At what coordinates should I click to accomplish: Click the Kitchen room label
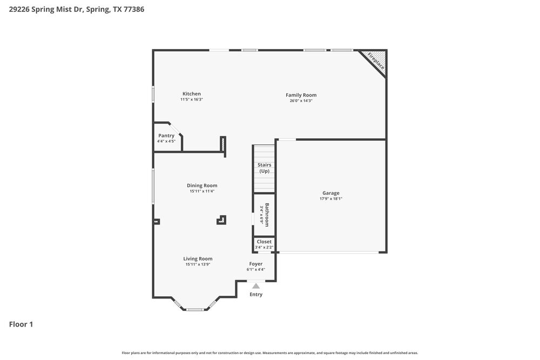191,94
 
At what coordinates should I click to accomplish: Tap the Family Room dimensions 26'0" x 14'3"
301,100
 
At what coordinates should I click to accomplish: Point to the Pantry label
166,135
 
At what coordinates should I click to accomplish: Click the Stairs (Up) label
264,168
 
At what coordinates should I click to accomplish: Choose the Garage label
330,193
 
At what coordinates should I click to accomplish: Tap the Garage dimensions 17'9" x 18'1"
330,199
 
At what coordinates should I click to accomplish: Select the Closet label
264,242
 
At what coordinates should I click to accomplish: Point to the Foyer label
255,264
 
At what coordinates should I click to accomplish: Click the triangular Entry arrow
256,286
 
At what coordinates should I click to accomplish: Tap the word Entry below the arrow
256,295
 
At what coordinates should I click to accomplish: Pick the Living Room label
198,259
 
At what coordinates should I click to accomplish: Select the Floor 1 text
21,324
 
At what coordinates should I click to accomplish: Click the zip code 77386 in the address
134,9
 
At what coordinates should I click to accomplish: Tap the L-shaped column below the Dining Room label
221,220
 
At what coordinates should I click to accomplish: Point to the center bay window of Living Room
194,309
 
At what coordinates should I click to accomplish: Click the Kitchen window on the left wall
153,94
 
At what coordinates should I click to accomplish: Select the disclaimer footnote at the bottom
269,352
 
